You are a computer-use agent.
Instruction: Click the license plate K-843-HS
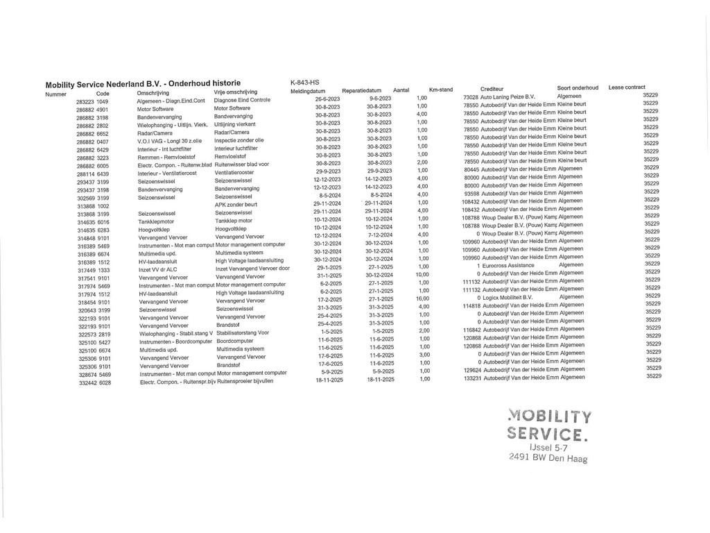click(304, 83)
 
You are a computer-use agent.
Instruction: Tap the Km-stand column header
click(441, 90)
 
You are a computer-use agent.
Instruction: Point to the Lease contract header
click(627, 87)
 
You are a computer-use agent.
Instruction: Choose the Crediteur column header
click(492, 89)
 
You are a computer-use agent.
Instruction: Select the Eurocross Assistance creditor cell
click(512, 265)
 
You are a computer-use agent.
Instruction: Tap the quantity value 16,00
click(422, 298)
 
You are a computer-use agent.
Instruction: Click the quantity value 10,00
click(422, 274)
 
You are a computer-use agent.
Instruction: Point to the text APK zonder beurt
click(236, 205)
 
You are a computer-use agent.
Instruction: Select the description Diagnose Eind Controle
click(242, 100)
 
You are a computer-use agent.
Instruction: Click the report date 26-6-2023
click(327, 99)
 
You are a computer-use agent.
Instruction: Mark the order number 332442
click(87, 382)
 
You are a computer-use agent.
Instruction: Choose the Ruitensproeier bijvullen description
click(245, 381)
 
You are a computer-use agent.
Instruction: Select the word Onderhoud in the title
click(190, 83)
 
